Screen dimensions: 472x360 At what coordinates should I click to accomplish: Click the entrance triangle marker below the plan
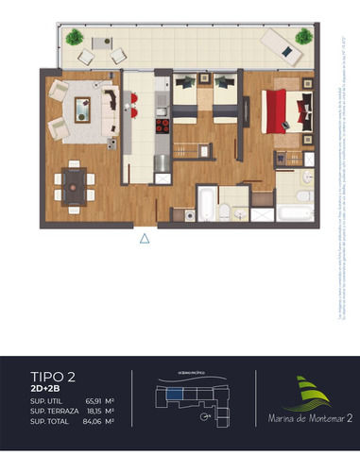click(x=145, y=240)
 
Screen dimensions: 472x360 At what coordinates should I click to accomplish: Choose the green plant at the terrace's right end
click(x=302, y=37)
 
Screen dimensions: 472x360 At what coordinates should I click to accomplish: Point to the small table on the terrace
click(x=99, y=46)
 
